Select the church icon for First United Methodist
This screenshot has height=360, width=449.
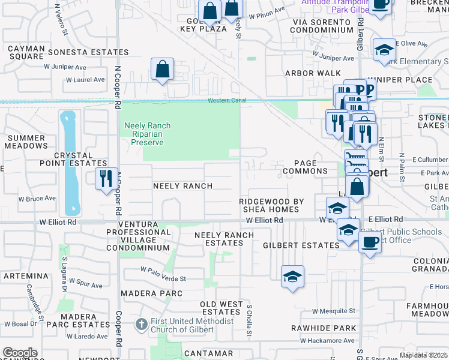coord(141,325)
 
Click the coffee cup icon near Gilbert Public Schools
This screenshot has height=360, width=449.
coord(370,243)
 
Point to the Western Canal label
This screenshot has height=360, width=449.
coord(228,100)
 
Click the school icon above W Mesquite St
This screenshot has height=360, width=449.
coord(292,276)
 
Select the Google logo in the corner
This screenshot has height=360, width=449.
coord(20,352)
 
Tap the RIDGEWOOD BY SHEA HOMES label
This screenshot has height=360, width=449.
coord(269,205)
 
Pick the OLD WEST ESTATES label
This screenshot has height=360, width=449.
coord(221,308)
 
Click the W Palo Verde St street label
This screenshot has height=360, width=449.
coord(163,269)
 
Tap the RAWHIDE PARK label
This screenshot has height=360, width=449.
coord(324,328)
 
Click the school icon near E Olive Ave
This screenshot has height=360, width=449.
coord(384,50)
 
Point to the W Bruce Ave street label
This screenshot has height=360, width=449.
coord(37,198)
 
